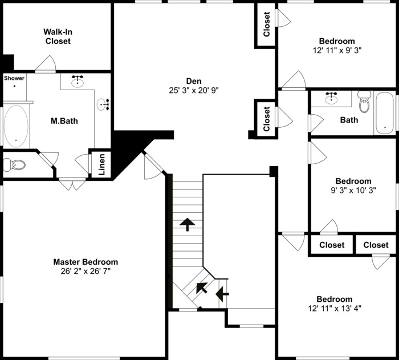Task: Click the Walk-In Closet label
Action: click(x=58, y=37)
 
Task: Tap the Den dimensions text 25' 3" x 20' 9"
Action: click(x=194, y=90)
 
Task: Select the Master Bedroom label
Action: click(x=85, y=262)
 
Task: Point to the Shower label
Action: click(x=14, y=78)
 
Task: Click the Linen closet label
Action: click(x=101, y=164)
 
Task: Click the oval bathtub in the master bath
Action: click(x=15, y=126)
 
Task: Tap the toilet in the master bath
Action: click(x=15, y=165)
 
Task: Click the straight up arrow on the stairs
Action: click(x=186, y=223)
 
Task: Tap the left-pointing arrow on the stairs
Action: click(x=222, y=294)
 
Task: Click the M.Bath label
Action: click(x=64, y=121)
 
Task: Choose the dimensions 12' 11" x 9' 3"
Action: click(x=337, y=50)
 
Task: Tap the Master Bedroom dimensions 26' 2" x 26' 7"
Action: click(x=85, y=271)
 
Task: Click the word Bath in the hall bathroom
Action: click(x=349, y=120)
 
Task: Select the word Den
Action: click(x=194, y=81)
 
